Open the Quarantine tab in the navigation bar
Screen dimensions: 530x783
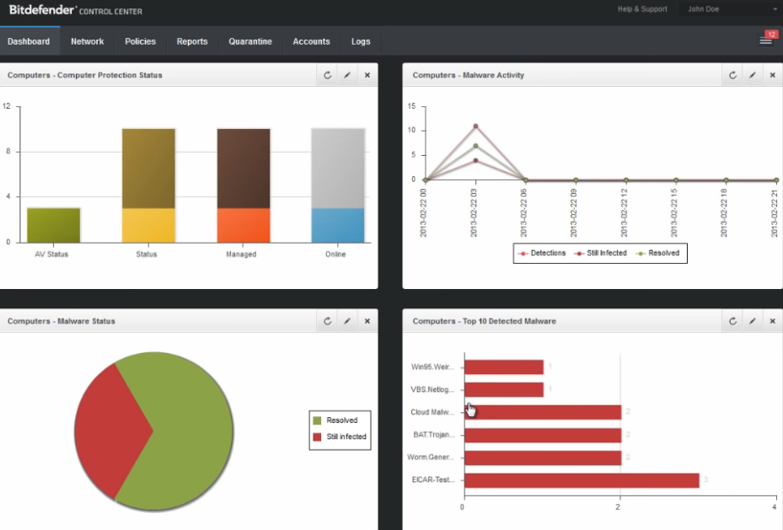[x=250, y=41]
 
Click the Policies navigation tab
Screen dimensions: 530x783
[x=140, y=41]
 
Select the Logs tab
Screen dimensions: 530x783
[x=361, y=41]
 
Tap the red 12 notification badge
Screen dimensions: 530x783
[x=770, y=34]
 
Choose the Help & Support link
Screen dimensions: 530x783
[x=641, y=9]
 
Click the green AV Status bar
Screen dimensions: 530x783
[x=53, y=225]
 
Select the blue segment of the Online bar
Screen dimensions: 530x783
[x=338, y=225]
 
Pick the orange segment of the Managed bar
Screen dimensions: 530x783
[x=244, y=225]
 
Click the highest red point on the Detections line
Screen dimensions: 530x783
[x=475, y=126]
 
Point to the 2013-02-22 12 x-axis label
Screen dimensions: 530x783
[x=625, y=212]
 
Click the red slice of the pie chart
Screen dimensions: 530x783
[x=110, y=430]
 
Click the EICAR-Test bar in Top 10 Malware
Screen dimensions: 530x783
[x=581, y=480]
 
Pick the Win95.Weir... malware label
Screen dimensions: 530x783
[x=432, y=367]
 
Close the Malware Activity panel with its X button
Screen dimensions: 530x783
[x=772, y=75]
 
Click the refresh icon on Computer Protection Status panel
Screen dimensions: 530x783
[x=328, y=75]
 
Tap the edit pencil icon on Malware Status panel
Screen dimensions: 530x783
[x=347, y=321]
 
